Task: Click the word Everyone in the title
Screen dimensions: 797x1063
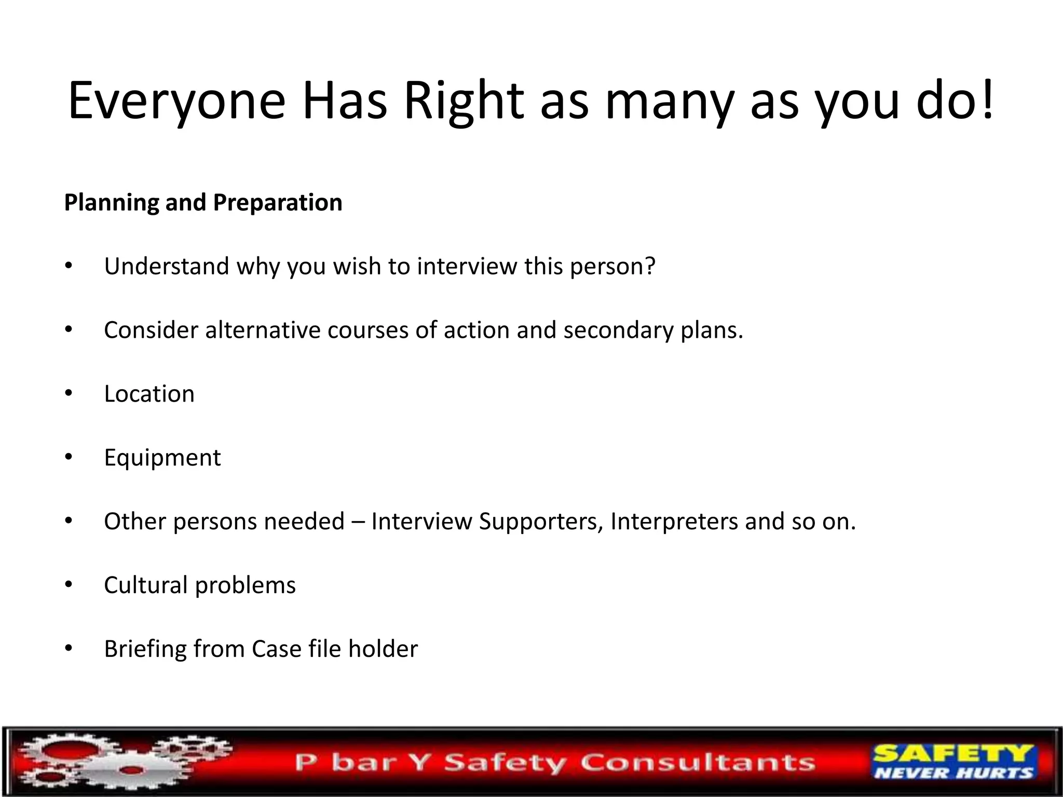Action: pos(176,101)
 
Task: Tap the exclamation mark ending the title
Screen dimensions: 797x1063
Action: pos(987,99)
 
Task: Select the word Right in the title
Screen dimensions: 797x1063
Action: pos(464,101)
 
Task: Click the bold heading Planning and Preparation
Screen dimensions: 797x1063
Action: pos(203,202)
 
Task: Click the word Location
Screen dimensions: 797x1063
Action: pos(149,394)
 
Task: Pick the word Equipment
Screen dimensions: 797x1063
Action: pos(162,458)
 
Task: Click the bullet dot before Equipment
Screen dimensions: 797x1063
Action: pos(69,457)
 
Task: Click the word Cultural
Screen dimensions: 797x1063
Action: pos(146,585)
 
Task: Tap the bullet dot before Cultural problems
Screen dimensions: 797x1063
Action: pos(69,585)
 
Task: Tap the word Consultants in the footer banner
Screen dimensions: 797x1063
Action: pos(698,763)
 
